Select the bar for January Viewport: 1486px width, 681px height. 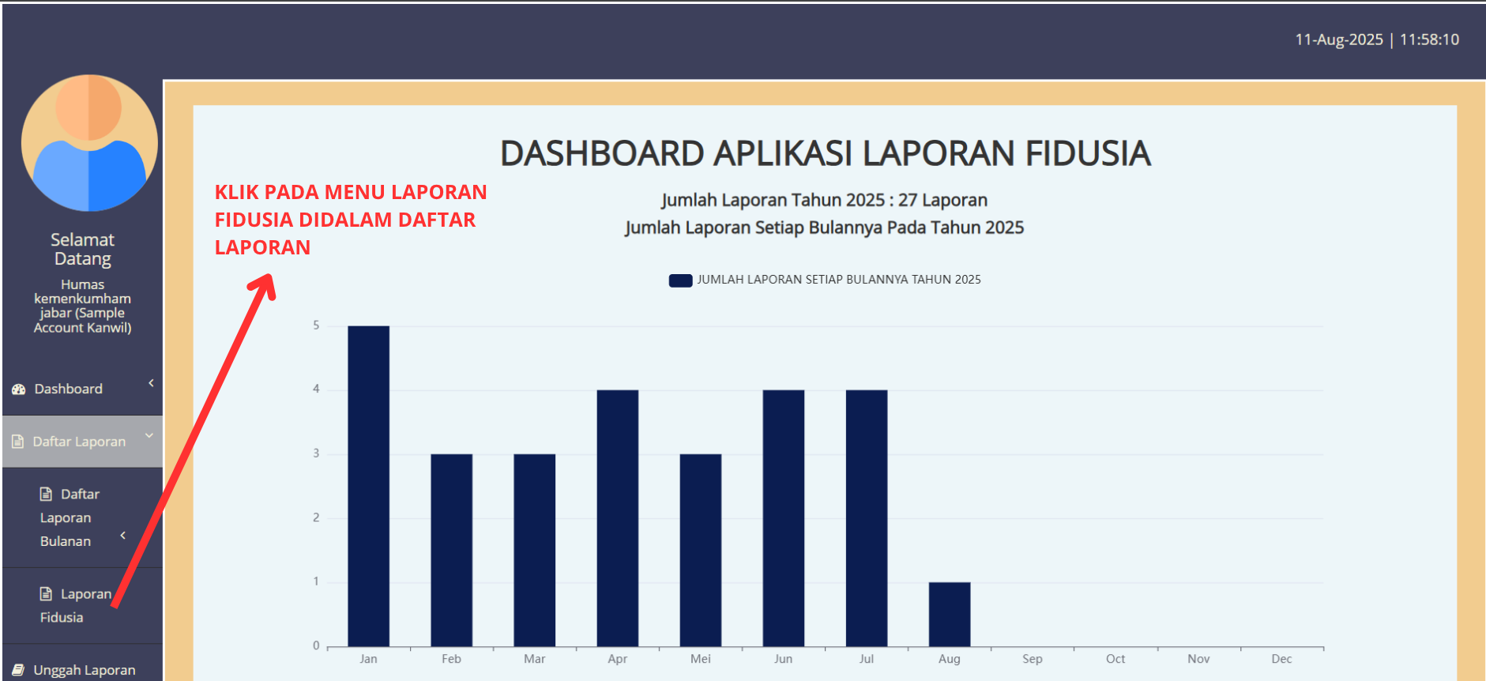(x=368, y=486)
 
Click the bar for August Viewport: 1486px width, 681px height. (x=950, y=614)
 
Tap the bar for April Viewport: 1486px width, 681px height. (x=618, y=518)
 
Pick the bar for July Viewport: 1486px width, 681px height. (x=867, y=518)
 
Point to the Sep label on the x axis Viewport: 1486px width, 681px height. (x=1033, y=659)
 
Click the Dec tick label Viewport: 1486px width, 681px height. (x=1281, y=659)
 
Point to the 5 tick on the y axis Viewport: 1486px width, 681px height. (x=316, y=325)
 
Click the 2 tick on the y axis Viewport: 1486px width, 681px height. (x=316, y=517)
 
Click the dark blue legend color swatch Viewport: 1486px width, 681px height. (x=681, y=280)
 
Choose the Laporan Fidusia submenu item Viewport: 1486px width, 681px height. (x=76, y=605)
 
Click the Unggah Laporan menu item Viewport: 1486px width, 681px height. (x=82, y=670)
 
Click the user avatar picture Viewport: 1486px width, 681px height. (x=89, y=143)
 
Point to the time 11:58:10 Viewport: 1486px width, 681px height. (x=1429, y=40)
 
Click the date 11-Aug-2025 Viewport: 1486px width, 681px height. (x=1339, y=40)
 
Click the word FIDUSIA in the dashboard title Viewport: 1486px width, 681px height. (x=1088, y=153)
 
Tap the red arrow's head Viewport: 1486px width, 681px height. (x=264, y=285)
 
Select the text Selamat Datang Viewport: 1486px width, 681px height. (x=82, y=249)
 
